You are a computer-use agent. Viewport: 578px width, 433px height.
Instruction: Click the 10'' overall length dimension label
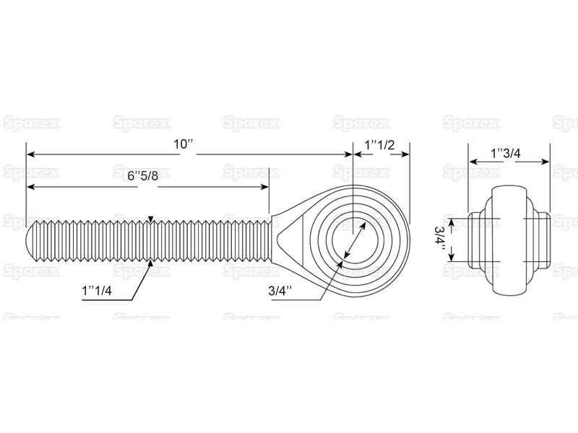coord(184,144)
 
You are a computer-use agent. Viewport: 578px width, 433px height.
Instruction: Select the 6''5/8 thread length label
coord(142,176)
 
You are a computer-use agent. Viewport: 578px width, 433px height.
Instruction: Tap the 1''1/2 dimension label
coord(380,145)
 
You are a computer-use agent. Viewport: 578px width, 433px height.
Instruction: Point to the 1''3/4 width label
coord(506,153)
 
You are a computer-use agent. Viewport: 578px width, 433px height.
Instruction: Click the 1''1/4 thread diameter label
coord(97,291)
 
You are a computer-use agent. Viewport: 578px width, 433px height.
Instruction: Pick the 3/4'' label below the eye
coord(280,291)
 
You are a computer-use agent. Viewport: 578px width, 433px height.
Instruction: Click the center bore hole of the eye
coord(354,240)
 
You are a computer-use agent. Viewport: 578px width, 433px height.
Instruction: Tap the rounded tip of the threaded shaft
coord(32,240)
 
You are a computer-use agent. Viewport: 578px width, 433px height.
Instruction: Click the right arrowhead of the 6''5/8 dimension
coord(264,187)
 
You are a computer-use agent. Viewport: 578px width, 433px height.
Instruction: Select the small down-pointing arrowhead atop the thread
coord(150,219)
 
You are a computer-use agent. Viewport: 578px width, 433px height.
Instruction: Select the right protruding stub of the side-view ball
coord(543,240)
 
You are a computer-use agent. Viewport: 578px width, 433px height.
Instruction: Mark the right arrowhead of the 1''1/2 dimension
coord(405,154)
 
